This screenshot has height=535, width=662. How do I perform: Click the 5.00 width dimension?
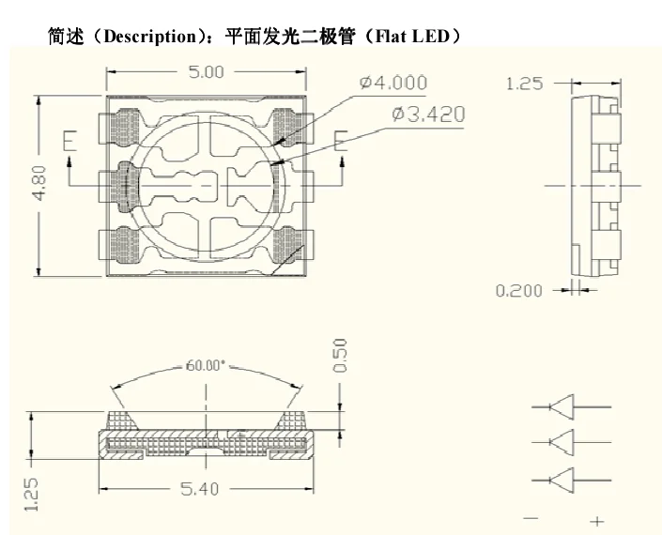tap(206, 71)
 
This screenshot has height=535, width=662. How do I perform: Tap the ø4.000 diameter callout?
tap(393, 83)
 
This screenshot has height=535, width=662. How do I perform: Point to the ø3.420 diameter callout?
tap(428, 114)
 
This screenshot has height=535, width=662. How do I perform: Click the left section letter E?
tap(69, 141)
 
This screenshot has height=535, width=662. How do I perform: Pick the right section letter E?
tap(340, 141)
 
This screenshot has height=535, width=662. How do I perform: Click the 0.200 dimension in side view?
tap(518, 291)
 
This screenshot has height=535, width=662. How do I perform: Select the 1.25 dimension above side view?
tap(524, 84)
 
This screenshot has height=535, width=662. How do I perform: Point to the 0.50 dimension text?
tap(340, 356)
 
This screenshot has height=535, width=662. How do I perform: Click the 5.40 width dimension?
tap(200, 489)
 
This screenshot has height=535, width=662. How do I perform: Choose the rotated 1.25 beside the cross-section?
tap(31, 495)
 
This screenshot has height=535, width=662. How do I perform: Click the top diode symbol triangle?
tap(562, 407)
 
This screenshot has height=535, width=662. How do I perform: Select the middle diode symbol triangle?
tap(562, 442)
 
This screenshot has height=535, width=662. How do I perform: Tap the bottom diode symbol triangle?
tap(562, 481)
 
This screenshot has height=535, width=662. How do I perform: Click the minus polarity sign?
tap(531, 518)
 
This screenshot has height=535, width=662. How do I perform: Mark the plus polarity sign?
tap(597, 522)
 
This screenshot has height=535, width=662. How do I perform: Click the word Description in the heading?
tap(150, 37)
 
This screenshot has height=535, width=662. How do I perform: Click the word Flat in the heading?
tap(391, 37)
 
